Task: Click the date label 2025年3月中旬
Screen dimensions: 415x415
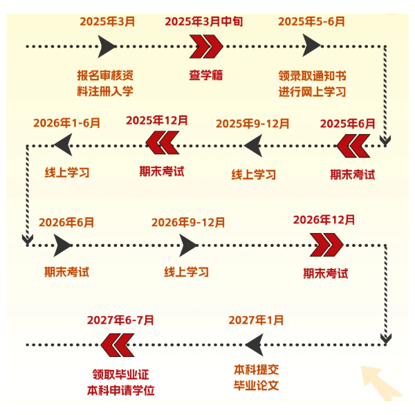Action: pyautogui.click(x=204, y=21)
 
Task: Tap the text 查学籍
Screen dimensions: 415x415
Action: pyautogui.click(x=206, y=75)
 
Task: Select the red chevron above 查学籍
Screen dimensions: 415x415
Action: pyautogui.click(x=206, y=46)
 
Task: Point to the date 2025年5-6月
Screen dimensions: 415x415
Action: pyautogui.click(x=311, y=21)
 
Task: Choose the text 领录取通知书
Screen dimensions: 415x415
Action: pyautogui.click(x=312, y=75)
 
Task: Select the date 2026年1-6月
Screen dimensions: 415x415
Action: pyautogui.click(x=68, y=123)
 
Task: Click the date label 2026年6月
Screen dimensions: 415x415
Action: pyautogui.click(x=66, y=223)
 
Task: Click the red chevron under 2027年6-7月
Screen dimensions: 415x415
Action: pyautogui.click(x=116, y=343)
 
